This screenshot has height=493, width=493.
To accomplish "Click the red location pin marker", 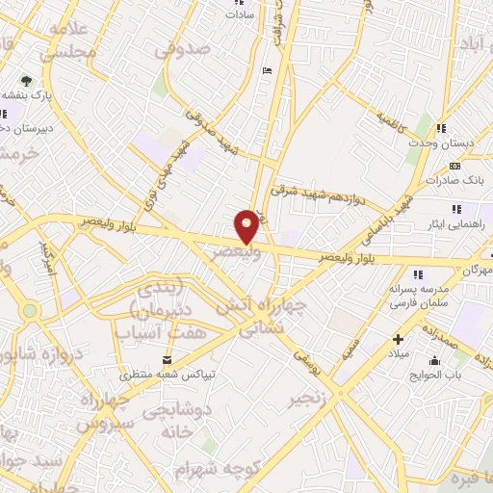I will [247, 226].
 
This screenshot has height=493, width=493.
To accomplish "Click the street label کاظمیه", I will [392, 122].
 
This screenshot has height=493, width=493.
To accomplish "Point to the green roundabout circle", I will [30, 310].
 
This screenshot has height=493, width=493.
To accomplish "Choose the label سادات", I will [239, 15].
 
